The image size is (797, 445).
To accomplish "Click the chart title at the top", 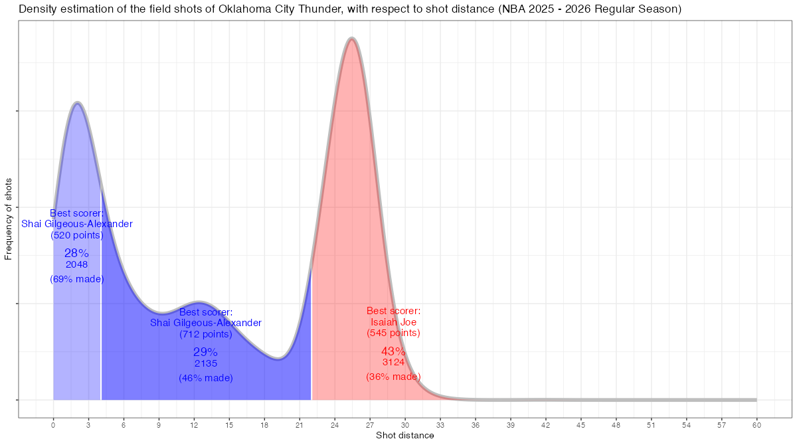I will [349, 9].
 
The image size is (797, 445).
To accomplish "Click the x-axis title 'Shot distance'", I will [404, 436].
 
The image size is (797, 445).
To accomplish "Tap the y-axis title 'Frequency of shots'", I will [9, 219].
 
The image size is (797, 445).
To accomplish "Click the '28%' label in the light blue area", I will [76, 253].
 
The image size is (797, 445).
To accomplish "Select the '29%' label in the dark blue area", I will [205, 352].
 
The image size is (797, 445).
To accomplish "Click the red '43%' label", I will [393, 351].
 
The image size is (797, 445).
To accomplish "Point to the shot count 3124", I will [393, 363].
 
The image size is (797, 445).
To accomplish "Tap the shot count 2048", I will [76, 264].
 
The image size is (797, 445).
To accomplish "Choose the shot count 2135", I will [206, 363].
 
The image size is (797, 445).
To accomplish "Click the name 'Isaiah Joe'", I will [393, 322].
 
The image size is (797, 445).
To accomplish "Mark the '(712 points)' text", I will [206, 333].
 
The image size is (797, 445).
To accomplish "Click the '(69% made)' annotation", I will [76, 279].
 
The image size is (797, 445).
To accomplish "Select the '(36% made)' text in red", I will [393, 377].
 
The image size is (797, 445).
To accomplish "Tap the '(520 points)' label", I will [76, 234].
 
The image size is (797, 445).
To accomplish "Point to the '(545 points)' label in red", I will [393, 333].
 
